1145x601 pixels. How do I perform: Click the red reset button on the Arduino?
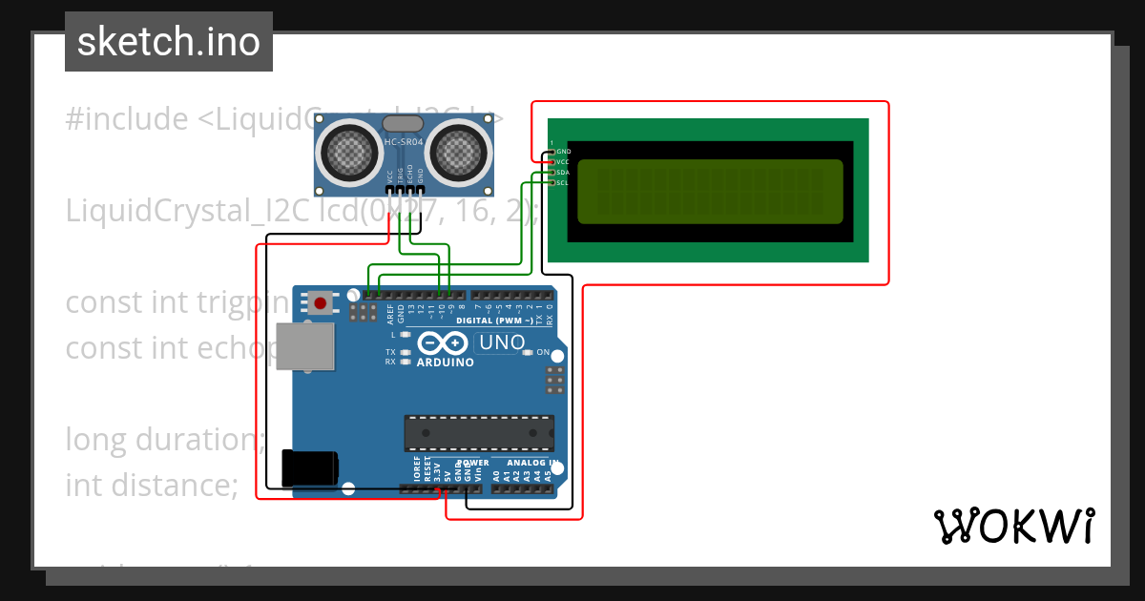pos(320,304)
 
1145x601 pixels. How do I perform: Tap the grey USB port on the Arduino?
pos(305,345)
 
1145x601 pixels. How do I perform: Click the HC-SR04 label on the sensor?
pos(403,142)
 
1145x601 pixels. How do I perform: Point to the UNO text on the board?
pos(502,342)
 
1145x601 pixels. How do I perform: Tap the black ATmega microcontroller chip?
pos(479,432)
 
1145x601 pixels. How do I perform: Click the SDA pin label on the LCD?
pos(563,173)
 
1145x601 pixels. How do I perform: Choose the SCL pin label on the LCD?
pos(563,182)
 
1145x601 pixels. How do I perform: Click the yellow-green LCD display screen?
pos(710,189)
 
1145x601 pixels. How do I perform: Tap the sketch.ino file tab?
pos(169,42)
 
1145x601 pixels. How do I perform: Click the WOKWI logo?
pos(1013,526)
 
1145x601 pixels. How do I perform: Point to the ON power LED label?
pos(543,353)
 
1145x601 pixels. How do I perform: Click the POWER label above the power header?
pos(473,464)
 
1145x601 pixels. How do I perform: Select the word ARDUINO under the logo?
pos(445,363)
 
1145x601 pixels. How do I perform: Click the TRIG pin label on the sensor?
pos(400,176)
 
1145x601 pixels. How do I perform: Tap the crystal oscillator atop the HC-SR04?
pos(405,123)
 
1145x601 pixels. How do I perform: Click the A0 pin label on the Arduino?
pos(496,474)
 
